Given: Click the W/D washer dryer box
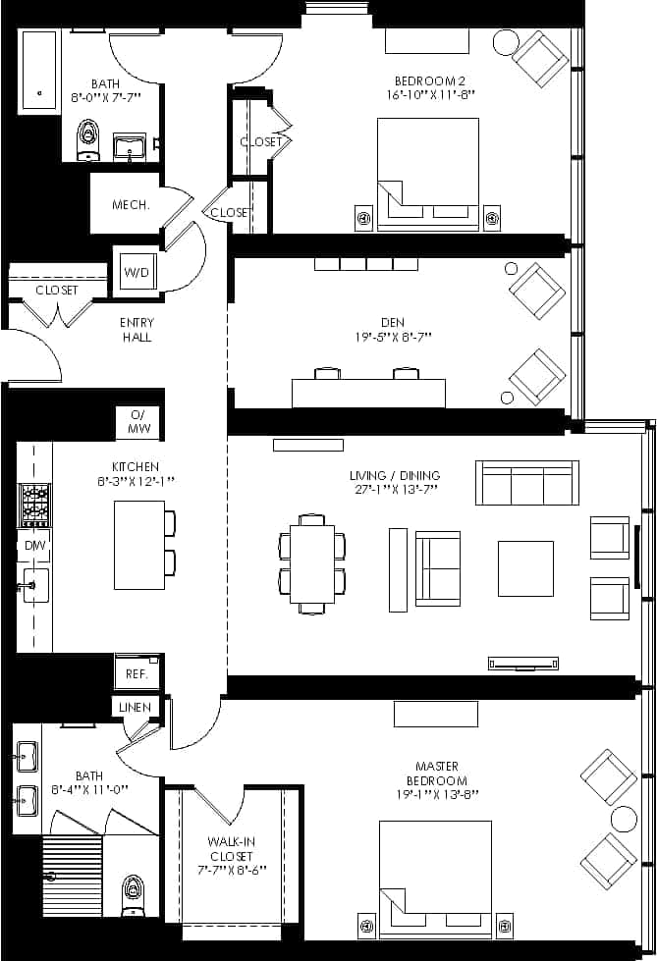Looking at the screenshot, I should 137,272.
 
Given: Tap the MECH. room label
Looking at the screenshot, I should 131,205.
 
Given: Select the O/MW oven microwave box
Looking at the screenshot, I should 138,423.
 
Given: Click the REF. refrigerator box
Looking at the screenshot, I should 137,674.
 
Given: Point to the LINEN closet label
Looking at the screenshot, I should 135,708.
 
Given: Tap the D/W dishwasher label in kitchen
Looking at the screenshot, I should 33,545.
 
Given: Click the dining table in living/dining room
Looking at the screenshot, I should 312,564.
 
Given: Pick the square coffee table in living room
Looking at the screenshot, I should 525,568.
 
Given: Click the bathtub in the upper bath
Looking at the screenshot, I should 40,72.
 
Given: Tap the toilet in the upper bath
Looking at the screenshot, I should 89,139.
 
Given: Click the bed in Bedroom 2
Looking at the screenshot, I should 428,174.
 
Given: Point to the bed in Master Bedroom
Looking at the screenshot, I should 435,864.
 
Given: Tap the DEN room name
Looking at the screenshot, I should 392,322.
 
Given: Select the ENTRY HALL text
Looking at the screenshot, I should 137,330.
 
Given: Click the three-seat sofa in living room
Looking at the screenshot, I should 526,483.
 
